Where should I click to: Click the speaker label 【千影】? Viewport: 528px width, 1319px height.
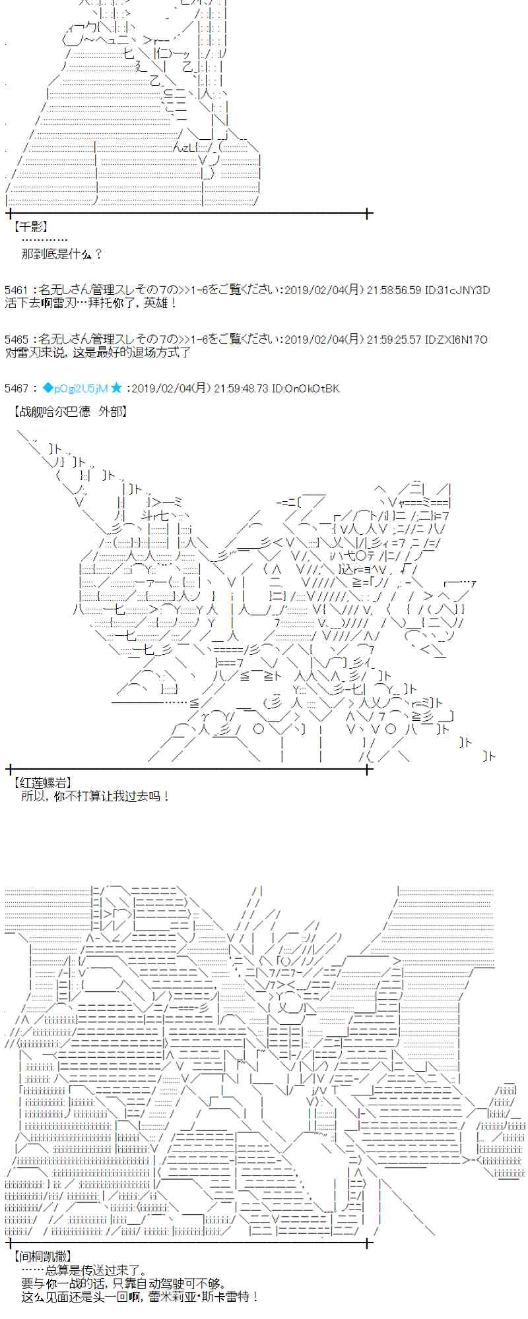point(30,227)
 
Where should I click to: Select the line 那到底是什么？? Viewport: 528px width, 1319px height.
point(62,253)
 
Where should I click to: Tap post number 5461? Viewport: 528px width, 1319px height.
point(16,290)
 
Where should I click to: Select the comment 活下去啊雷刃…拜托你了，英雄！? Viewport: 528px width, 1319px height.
point(91,303)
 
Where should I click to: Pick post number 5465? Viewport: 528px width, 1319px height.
point(16,340)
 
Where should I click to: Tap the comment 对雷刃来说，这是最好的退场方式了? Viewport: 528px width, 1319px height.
point(98,352)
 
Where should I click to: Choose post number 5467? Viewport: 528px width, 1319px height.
point(16,388)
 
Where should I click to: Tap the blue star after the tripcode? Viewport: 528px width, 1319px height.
point(117,388)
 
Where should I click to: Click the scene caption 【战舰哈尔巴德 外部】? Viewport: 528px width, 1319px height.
point(70,412)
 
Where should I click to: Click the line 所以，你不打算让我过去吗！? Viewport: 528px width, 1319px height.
point(96,796)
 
